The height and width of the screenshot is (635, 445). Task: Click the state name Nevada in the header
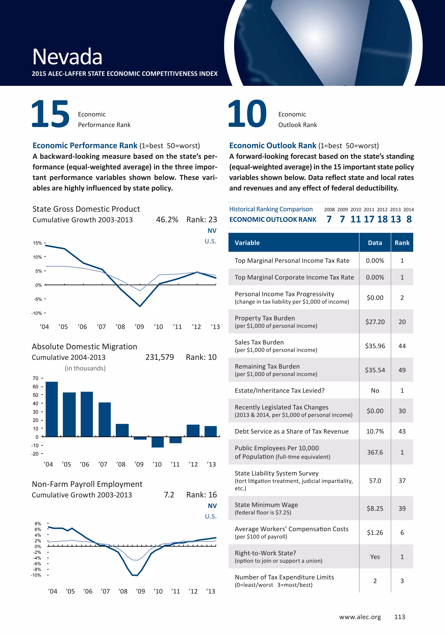point(67,57)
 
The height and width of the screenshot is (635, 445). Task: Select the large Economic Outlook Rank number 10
point(247,114)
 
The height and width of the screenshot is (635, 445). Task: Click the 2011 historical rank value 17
point(369,219)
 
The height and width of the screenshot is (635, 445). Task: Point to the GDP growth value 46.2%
point(167,220)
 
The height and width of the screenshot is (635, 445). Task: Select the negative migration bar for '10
point(158,442)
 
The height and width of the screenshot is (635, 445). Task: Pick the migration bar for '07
point(105,419)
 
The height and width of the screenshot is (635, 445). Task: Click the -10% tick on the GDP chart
point(37,313)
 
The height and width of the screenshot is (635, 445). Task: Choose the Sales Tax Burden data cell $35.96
point(375,346)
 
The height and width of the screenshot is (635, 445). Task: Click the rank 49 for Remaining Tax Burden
point(402,370)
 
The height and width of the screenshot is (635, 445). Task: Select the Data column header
point(375,243)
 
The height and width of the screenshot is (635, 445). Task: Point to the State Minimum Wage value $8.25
point(375,508)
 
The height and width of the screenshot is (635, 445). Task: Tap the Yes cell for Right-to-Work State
point(375,557)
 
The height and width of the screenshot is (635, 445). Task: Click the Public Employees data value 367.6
point(375,452)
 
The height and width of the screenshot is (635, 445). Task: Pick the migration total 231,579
point(159,357)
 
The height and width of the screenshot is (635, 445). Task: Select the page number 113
point(400,617)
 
